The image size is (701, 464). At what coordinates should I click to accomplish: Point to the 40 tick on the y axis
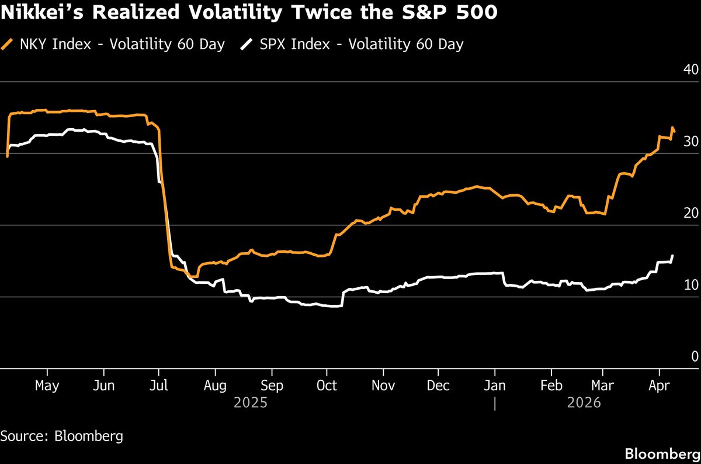[x=690, y=70]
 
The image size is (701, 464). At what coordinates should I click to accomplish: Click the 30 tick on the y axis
[x=690, y=142]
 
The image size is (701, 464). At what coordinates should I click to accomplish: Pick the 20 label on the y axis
[x=690, y=214]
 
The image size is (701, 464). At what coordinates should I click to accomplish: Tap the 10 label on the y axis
[x=690, y=286]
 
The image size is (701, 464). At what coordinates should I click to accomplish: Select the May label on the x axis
[x=47, y=386]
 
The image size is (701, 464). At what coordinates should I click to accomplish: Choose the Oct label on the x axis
[x=327, y=386]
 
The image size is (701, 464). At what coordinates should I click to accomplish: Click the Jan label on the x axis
[x=495, y=386]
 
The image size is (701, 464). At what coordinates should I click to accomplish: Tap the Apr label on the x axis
[x=660, y=386]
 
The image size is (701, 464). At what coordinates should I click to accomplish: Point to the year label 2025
[x=251, y=403]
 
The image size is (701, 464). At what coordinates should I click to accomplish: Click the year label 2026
[x=584, y=403]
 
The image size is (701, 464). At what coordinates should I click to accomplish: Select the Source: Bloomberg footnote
[x=61, y=436]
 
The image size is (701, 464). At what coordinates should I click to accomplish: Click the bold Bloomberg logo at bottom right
[x=661, y=453]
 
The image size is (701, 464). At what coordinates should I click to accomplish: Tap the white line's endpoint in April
[x=673, y=256]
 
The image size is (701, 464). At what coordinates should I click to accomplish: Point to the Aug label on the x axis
[x=216, y=386]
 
